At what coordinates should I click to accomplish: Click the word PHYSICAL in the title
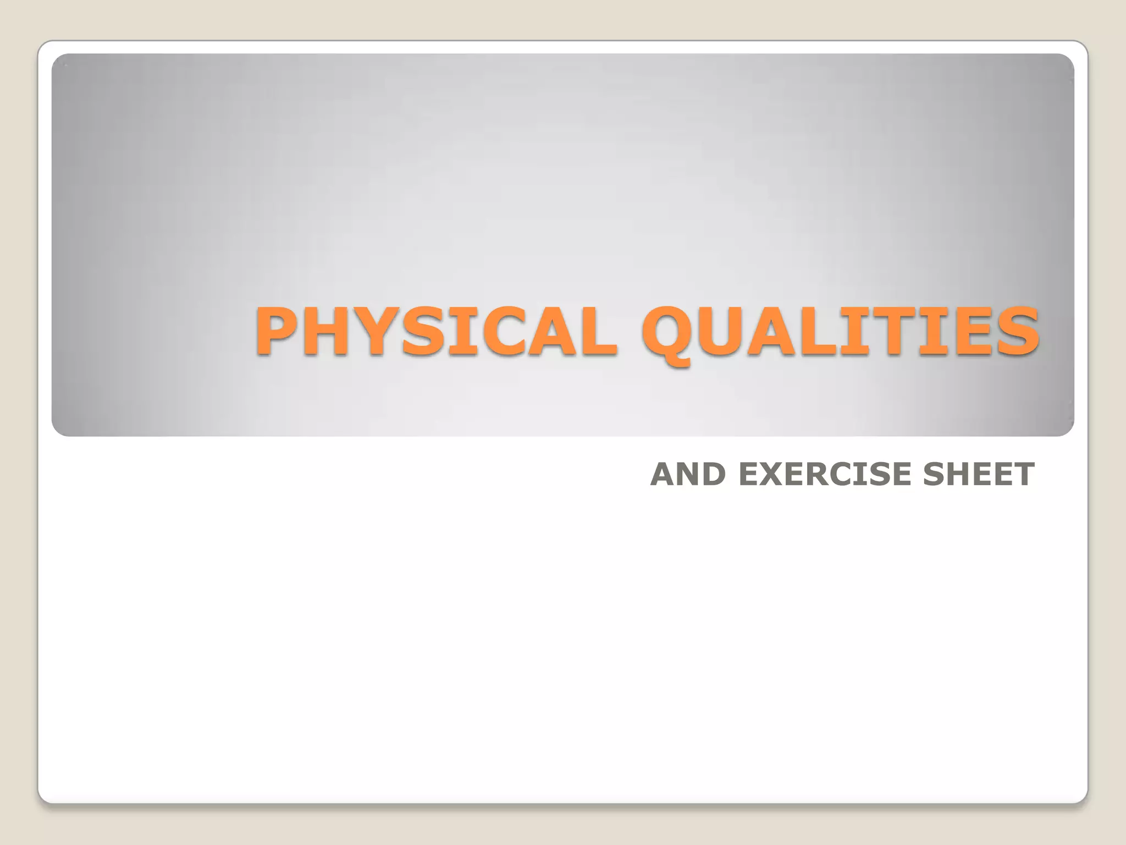point(434,332)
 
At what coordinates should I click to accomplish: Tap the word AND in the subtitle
point(688,474)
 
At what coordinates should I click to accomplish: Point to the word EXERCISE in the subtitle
point(824,474)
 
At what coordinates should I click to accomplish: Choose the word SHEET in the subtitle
point(979,474)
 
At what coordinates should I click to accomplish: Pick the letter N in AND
point(687,474)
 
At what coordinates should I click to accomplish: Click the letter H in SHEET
point(959,474)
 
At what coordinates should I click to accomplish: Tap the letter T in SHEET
point(1023,474)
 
